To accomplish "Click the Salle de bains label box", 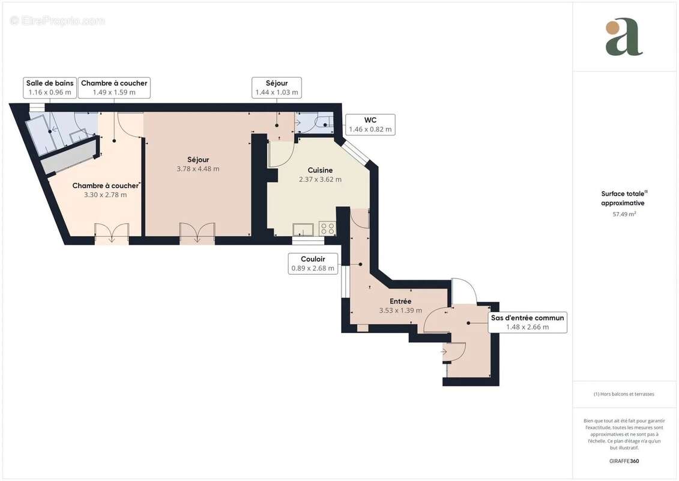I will [x=50, y=88].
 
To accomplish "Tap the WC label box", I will [x=370, y=124].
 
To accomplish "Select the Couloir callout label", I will [x=313, y=263].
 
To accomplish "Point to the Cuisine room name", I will [x=320, y=170].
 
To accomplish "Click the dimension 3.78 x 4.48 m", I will [x=198, y=169].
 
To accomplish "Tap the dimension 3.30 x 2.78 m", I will [x=105, y=195].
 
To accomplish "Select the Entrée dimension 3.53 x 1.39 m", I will [x=400, y=311].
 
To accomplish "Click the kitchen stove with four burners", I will [x=327, y=228].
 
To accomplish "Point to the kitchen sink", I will [x=303, y=229].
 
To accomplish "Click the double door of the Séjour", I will [x=197, y=233].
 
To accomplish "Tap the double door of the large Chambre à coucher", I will [x=112, y=233].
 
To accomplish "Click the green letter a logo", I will [x=623, y=37].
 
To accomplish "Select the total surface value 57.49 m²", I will [x=624, y=213].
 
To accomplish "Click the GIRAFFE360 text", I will [x=624, y=461].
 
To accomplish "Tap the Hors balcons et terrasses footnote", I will [x=624, y=394].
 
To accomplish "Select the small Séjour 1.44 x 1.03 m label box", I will [x=277, y=88].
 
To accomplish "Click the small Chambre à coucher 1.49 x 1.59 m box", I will [x=114, y=88].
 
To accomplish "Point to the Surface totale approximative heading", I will [x=624, y=198].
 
